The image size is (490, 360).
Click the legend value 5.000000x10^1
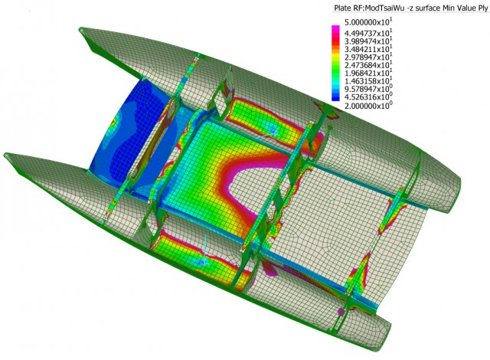(368, 22)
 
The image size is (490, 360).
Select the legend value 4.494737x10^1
(368, 33)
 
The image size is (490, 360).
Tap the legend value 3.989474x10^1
(368, 41)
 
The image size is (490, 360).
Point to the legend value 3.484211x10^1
(368, 49)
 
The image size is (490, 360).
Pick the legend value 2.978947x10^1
(368, 57)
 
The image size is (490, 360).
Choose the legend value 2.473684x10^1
(368, 65)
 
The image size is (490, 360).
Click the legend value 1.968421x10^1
(368, 73)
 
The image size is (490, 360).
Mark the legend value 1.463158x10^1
(368, 81)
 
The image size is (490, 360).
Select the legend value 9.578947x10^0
(368, 89)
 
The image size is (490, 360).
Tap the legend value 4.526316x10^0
(368, 97)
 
